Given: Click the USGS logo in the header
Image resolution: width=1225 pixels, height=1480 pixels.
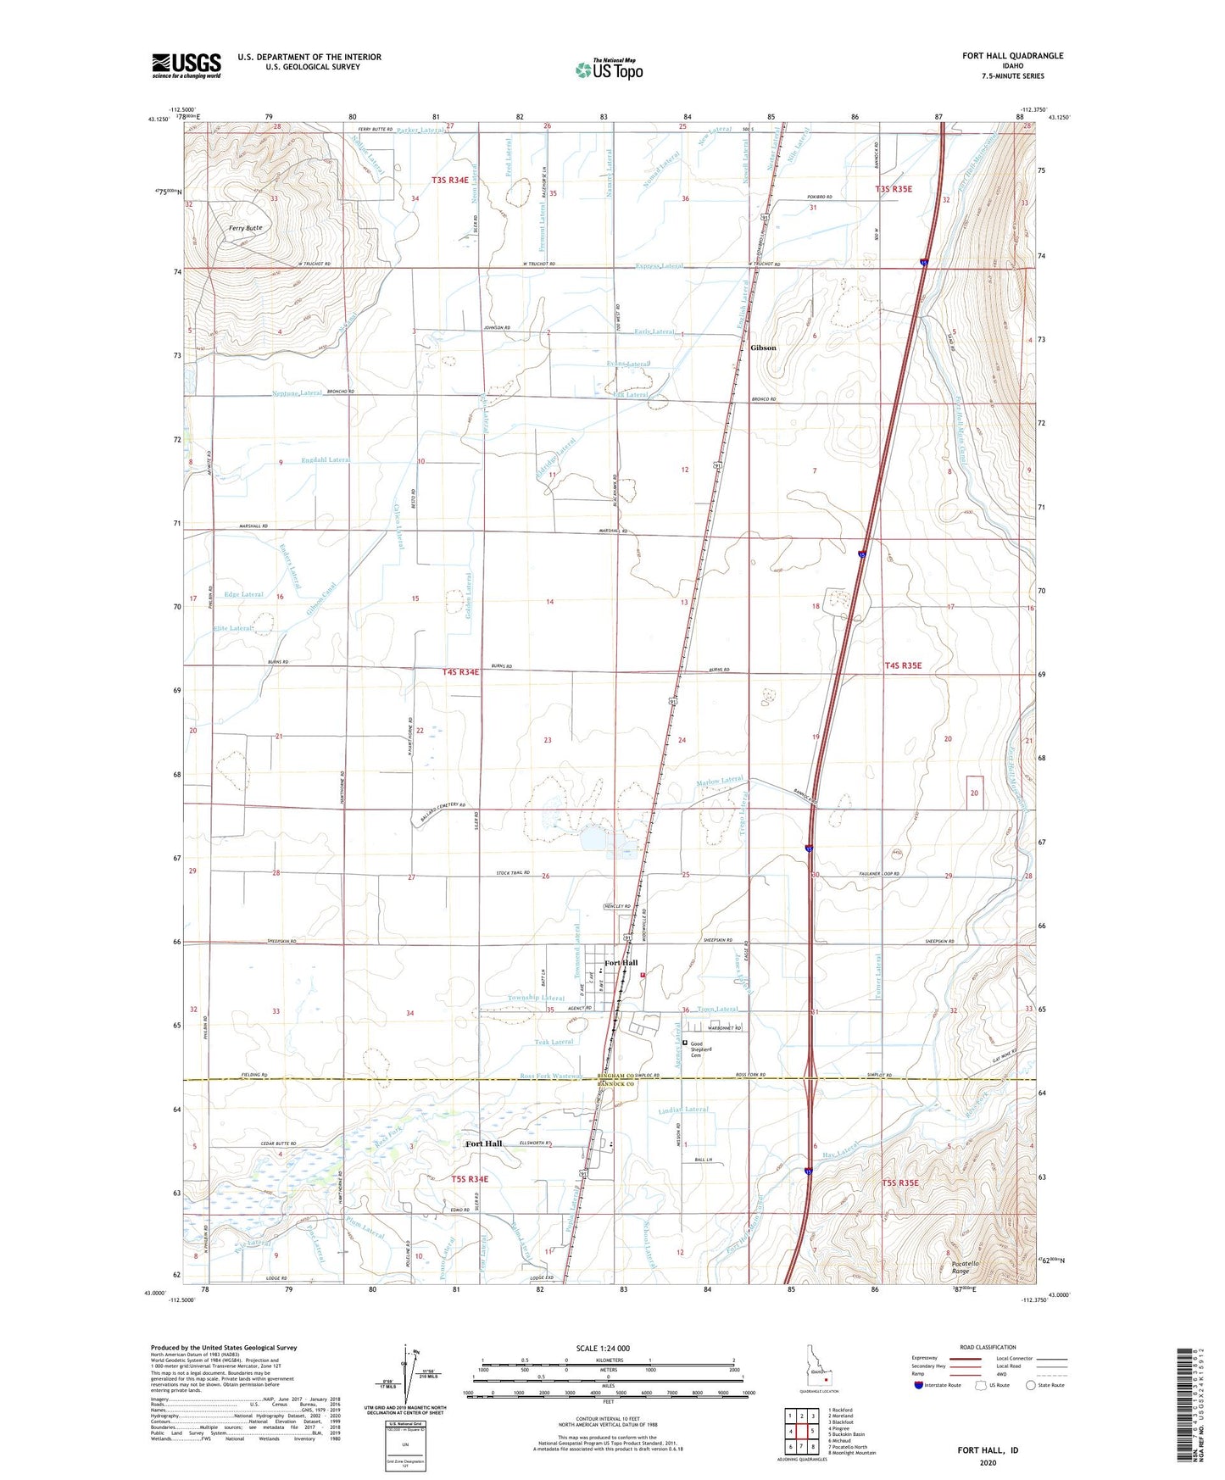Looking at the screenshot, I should pyautogui.click(x=187, y=65).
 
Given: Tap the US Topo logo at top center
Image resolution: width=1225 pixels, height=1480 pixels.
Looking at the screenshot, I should pyautogui.click(x=608, y=70).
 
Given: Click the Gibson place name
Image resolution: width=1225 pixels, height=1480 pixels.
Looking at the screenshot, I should pyautogui.click(x=764, y=348).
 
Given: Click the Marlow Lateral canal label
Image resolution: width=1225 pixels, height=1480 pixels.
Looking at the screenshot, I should pyautogui.click(x=720, y=781).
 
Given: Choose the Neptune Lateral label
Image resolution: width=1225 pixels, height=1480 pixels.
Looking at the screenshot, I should pyautogui.click(x=298, y=393).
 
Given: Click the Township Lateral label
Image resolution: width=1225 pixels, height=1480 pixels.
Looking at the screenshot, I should pyautogui.click(x=537, y=999).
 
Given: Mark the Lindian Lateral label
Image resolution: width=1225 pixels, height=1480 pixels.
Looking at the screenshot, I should pyautogui.click(x=682, y=1110).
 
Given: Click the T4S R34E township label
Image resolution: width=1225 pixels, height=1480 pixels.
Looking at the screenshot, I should pyautogui.click(x=460, y=672).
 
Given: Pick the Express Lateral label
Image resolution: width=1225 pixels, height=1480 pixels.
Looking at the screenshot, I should pyautogui.click(x=659, y=266).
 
